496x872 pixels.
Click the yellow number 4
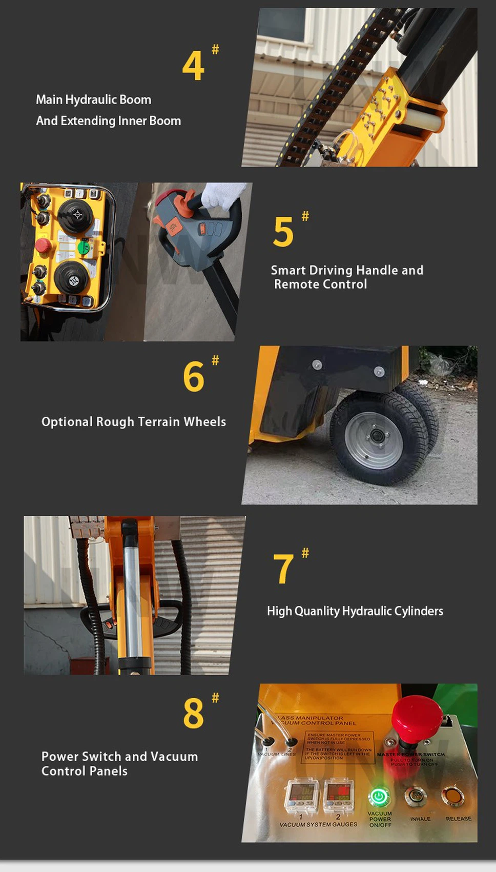tap(193, 66)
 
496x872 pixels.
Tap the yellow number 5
tap(283, 232)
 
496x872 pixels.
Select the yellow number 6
tap(193, 377)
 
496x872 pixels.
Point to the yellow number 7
tap(283, 569)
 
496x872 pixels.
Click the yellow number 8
tap(193, 713)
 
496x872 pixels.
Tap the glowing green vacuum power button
tap(379, 797)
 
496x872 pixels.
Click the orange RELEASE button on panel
tap(452, 797)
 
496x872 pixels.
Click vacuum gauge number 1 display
tap(301, 795)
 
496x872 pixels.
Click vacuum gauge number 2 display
tap(338, 795)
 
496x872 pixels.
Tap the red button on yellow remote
tap(43, 247)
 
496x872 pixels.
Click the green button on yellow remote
tap(84, 248)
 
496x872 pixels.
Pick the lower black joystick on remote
tap(72, 279)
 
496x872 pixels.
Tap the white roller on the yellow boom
tap(425, 120)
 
